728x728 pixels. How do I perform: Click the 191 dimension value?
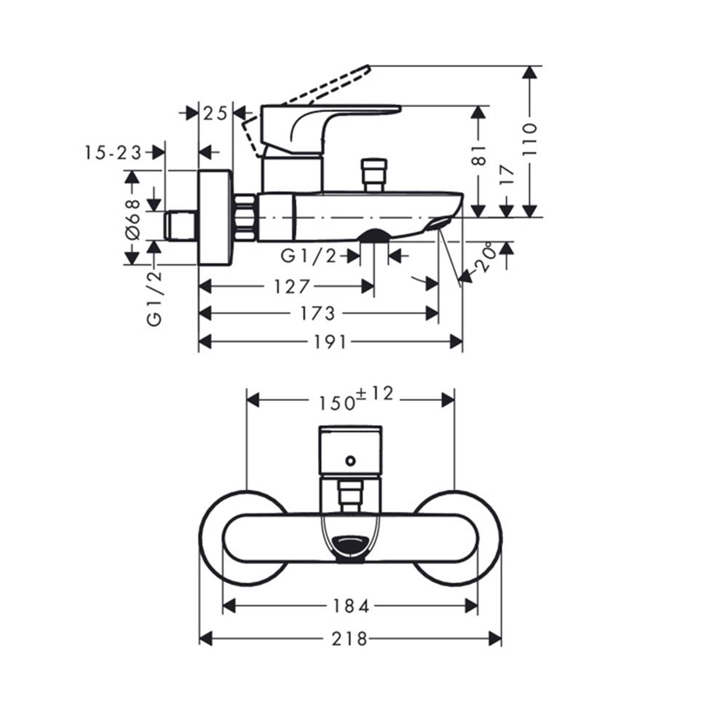coord(331,342)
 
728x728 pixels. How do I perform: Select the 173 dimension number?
coord(318,313)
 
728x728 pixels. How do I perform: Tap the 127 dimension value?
coord(292,286)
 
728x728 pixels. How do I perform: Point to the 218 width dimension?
coord(350,638)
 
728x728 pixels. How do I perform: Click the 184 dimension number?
coord(350,606)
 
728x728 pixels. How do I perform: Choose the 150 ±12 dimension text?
coord(355,398)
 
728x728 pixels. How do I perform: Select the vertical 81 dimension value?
coord(479,155)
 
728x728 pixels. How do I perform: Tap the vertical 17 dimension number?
coord(507,175)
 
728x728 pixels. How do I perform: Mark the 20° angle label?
coord(486,258)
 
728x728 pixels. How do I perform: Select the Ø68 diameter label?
coord(132,218)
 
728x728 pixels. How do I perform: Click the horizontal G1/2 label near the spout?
coord(309,256)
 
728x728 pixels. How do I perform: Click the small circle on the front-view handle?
coord(351,460)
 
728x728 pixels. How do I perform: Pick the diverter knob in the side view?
coord(375,175)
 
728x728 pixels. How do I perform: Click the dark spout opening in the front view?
coord(350,545)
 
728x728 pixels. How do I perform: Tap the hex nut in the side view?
coord(245,217)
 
